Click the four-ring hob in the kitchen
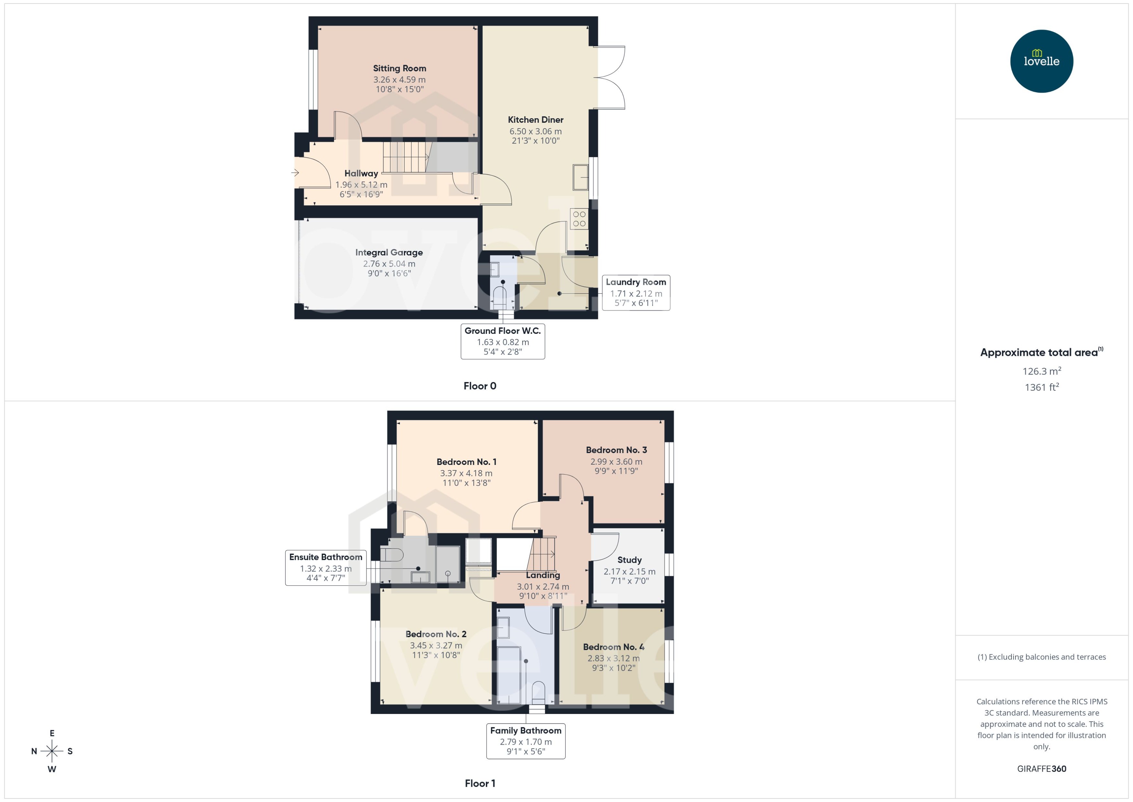[x=579, y=219]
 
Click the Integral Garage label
[x=389, y=252]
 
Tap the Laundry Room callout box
[x=636, y=293]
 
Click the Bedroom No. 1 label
[x=466, y=462]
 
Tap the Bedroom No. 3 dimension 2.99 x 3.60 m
[x=616, y=462]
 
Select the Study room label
[x=629, y=560]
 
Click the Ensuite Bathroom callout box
[x=326, y=568]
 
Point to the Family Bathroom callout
[x=525, y=741]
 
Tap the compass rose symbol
[x=52, y=751]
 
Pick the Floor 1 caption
[x=479, y=783]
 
